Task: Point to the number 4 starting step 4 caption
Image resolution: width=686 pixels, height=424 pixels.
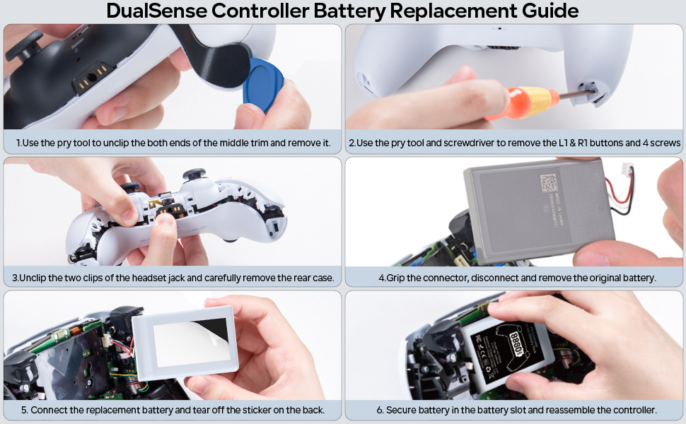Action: coord(381,278)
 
